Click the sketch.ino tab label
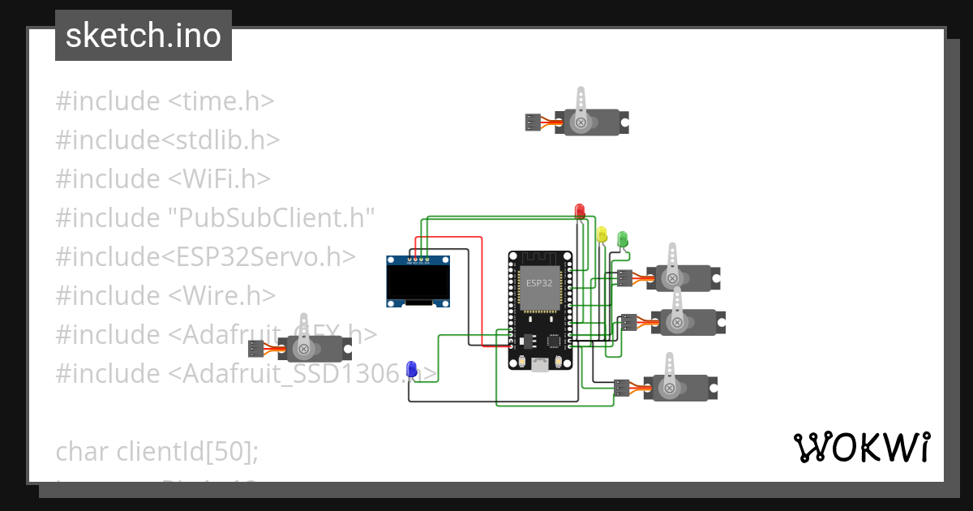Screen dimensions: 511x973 point(143,36)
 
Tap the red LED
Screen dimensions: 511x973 point(579,211)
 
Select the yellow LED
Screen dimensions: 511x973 point(601,234)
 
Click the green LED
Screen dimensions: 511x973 point(623,238)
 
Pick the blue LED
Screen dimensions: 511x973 point(411,370)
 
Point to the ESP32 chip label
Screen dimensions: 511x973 point(538,283)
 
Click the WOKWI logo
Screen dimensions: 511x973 point(861,447)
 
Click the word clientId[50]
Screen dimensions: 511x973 point(188,451)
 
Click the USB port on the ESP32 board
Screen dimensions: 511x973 point(539,365)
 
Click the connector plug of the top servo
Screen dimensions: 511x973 point(532,122)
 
